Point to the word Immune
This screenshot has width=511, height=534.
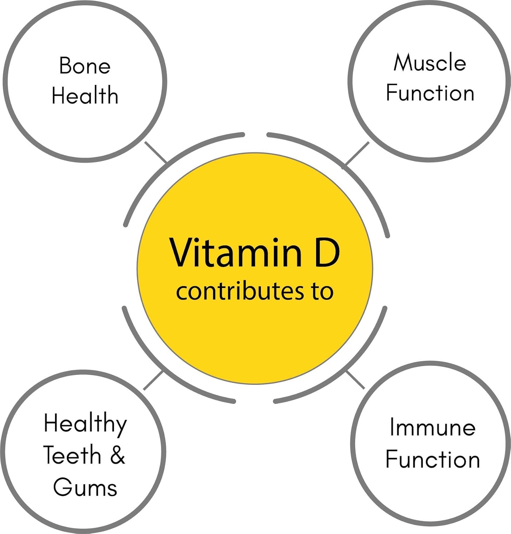432,427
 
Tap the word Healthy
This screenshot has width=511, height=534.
85,424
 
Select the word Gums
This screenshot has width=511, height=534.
85,487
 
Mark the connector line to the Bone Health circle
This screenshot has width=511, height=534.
156,152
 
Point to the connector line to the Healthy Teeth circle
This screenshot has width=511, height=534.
153,381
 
